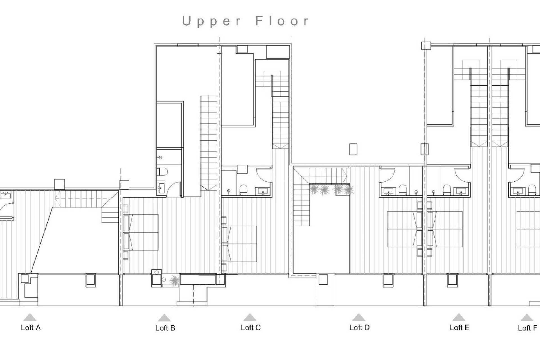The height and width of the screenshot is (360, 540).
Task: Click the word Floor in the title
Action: pyautogui.click(x=282, y=21)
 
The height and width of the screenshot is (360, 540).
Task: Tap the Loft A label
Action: pyautogui.click(x=31, y=328)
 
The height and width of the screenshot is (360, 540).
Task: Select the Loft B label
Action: pyautogui.click(x=165, y=328)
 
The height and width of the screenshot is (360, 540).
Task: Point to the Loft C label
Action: pyautogui.click(x=251, y=328)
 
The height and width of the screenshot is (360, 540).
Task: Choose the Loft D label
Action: pyautogui.click(x=359, y=328)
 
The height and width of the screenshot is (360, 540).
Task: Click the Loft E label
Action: pyautogui.click(x=460, y=328)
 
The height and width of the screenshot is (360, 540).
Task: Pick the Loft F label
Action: pyautogui.click(x=527, y=328)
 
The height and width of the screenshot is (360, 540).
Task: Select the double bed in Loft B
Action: pyautogui.click(x=141, y=232)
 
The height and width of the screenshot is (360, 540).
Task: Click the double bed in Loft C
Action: pyautogui.click(x=240, y=244)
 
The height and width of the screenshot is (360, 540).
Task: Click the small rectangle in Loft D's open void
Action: pyautogui.click(x=353, y=149)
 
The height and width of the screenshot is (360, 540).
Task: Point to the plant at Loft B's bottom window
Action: pyautogui.click(x=174, y=280)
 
